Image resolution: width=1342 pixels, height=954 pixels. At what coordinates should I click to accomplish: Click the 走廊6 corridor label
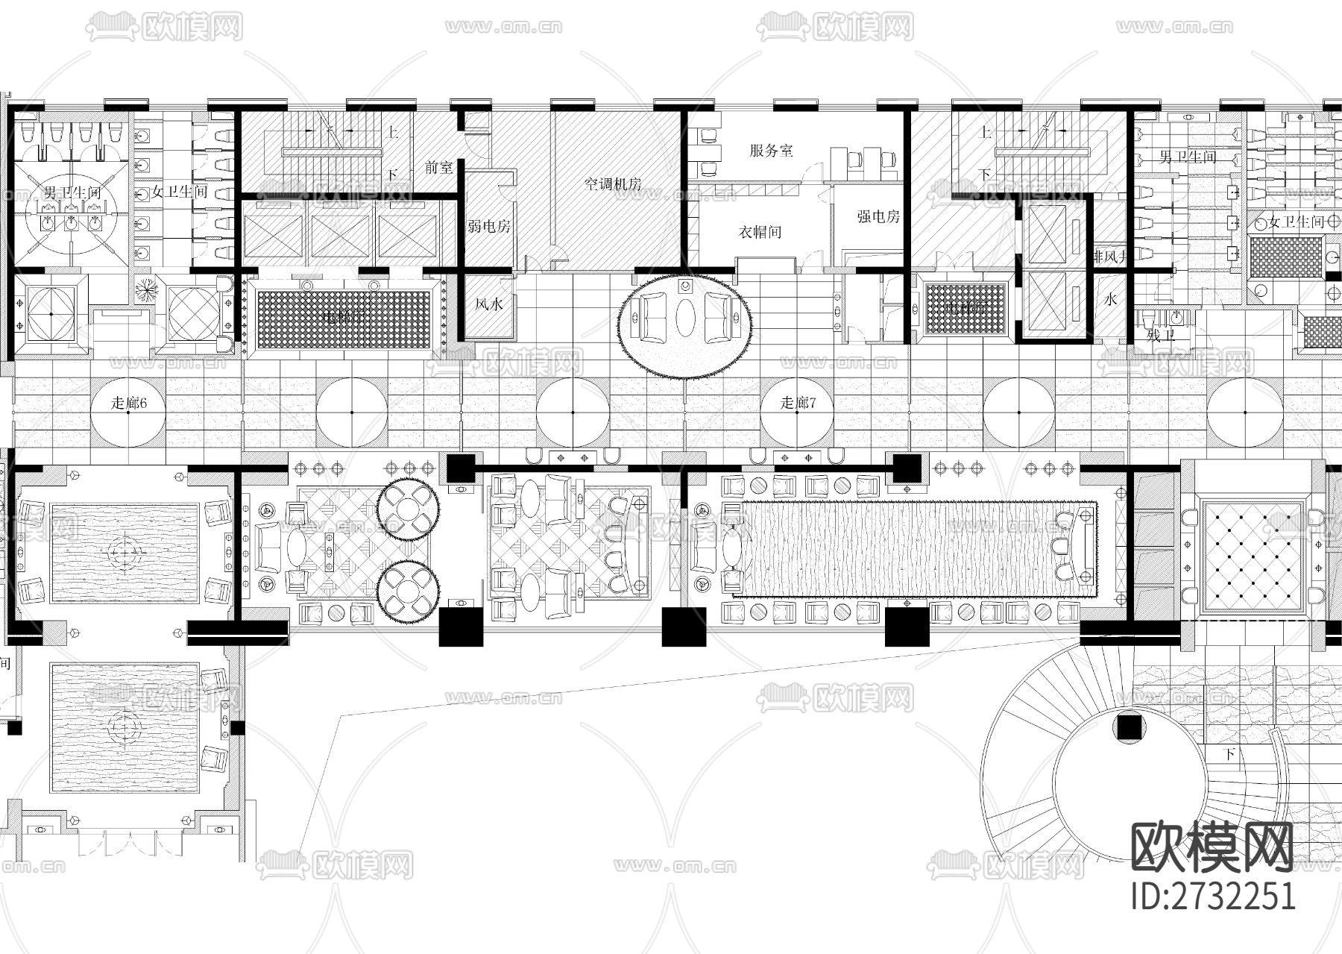coord(128,404)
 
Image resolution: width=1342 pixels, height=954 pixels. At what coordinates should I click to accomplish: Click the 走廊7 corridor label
coord(798,404)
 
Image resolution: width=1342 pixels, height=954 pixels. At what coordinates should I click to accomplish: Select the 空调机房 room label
coord(613,184)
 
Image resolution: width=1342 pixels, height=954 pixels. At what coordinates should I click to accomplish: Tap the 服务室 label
coord(771,151)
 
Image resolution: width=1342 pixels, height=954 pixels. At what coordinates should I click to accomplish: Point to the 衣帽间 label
coord(760,232)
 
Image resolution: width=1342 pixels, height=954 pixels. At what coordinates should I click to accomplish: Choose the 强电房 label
coord(878,217)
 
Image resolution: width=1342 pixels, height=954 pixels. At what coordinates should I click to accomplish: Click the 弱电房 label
coord(489,226)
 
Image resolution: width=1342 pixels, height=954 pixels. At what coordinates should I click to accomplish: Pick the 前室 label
coord(439,168)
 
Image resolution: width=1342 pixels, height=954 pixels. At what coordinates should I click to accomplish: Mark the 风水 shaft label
coord(489,304)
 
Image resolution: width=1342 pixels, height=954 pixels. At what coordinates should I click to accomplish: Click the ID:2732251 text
coord(1213,896)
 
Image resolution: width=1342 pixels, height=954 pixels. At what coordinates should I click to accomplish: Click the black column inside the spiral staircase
coord(1130,726)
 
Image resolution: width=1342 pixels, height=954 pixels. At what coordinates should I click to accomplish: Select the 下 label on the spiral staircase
coord(1229,755)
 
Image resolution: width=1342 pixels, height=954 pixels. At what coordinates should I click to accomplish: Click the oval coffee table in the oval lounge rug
coord(685,317)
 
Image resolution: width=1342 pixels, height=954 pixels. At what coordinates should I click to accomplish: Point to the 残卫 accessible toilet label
coord(1160,336)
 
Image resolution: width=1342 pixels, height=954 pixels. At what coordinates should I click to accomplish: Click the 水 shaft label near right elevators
coord(1111,300)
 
